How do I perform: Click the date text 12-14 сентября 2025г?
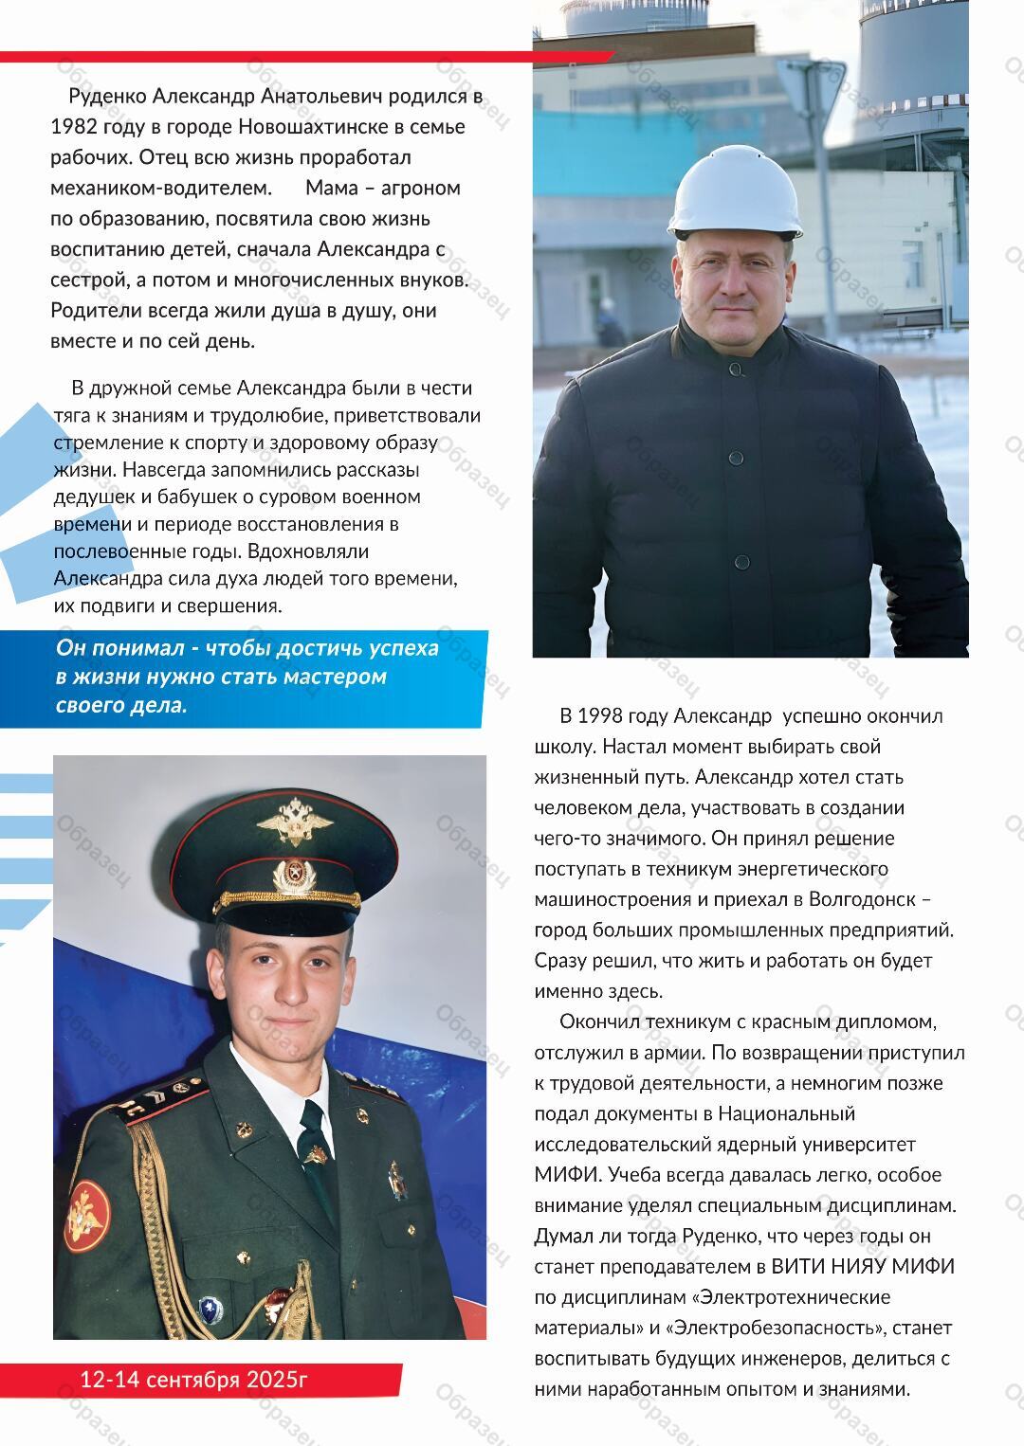194,1379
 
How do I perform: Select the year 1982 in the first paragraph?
74,126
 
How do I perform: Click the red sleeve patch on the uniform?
87,1217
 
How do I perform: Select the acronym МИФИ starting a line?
567,1175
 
